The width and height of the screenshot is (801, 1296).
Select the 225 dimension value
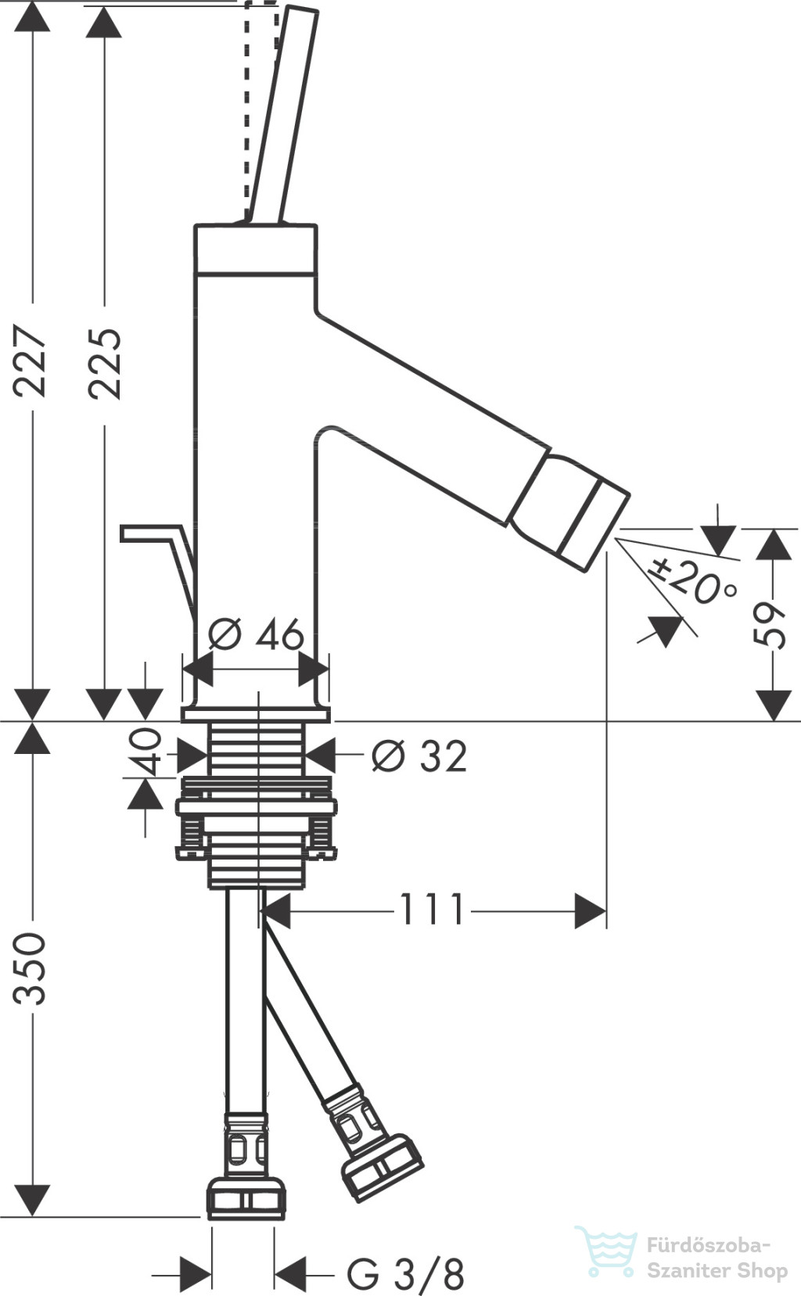tap(105, 364)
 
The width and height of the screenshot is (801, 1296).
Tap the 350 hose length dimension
tap(30, 968)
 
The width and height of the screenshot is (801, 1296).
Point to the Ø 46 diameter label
tap(256, 634)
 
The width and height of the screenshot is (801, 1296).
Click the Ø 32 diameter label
tap(419, 756)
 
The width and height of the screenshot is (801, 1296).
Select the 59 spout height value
tap(770, 626)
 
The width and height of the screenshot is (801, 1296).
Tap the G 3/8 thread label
tap(405, 1273)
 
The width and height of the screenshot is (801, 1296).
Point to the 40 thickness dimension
tap(144, 752)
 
